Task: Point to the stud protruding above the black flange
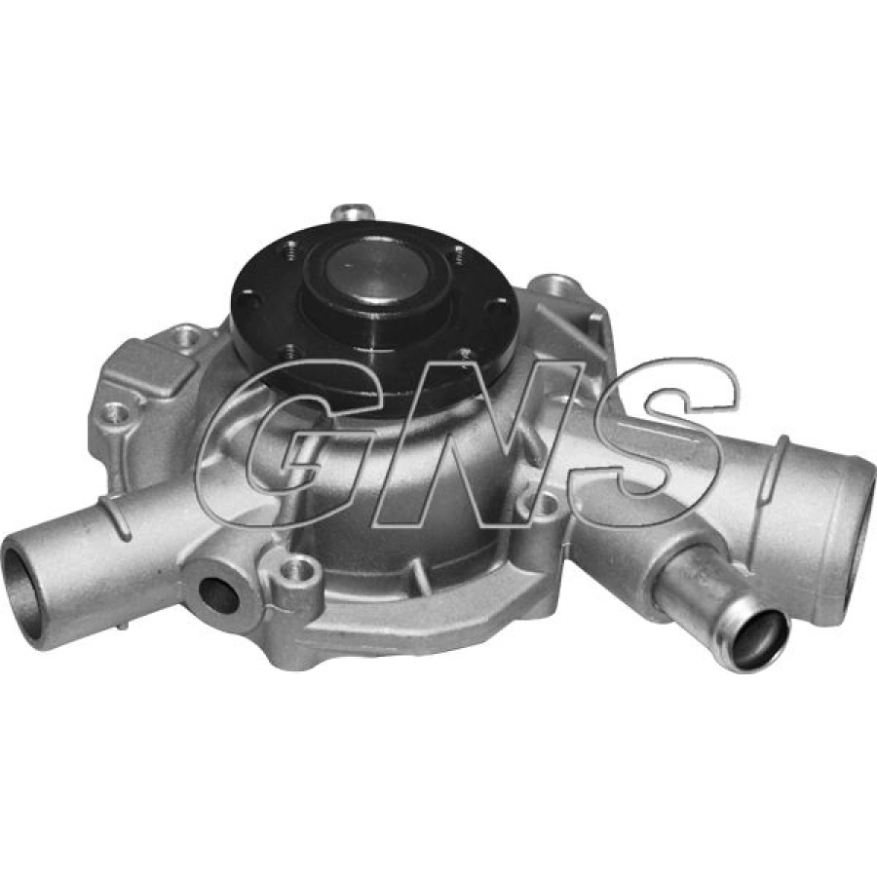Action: (351, 211)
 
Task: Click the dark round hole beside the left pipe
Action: (218, 594)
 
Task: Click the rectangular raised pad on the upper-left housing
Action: (146, 366)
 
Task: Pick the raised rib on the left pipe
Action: (122, 516)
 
